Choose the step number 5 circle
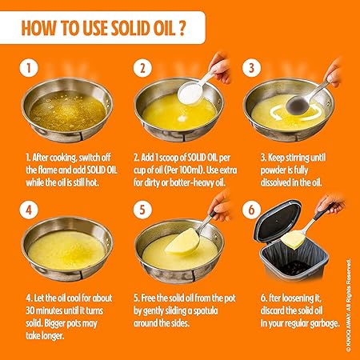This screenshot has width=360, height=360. click(x=143, y=211)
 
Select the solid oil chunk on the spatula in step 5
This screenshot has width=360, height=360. click(x=182, y=239)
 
